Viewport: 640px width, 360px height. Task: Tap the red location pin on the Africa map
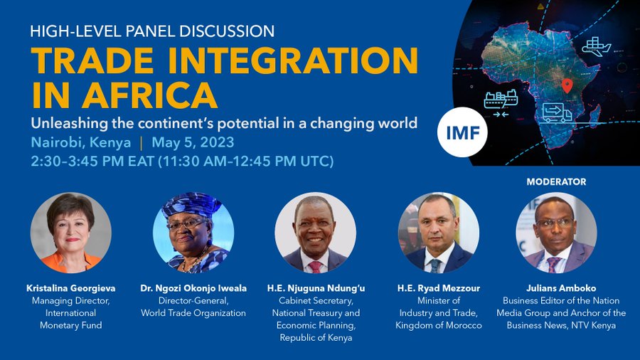(x=567, y=86)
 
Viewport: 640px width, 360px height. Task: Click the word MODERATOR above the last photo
(x=556, y=182)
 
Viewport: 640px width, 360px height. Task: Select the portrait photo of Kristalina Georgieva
(x=70, y=233)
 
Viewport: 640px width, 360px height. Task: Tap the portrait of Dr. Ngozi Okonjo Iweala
(x=193, y=233)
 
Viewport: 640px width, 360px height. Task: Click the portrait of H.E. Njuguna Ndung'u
(x=315, y=233)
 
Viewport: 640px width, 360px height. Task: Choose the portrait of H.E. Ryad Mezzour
(x=438, y=233)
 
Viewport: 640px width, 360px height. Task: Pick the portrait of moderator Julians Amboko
(x=556, y=233)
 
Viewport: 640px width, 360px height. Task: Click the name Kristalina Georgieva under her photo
(x=70, y=288)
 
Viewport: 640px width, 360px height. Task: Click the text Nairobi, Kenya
(x=80, y=142)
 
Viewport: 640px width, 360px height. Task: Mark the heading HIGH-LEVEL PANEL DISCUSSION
(x=152, y=31)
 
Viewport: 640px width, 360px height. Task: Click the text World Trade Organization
(x=193, y=313)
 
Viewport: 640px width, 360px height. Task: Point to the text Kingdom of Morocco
(x=439, y=325)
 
